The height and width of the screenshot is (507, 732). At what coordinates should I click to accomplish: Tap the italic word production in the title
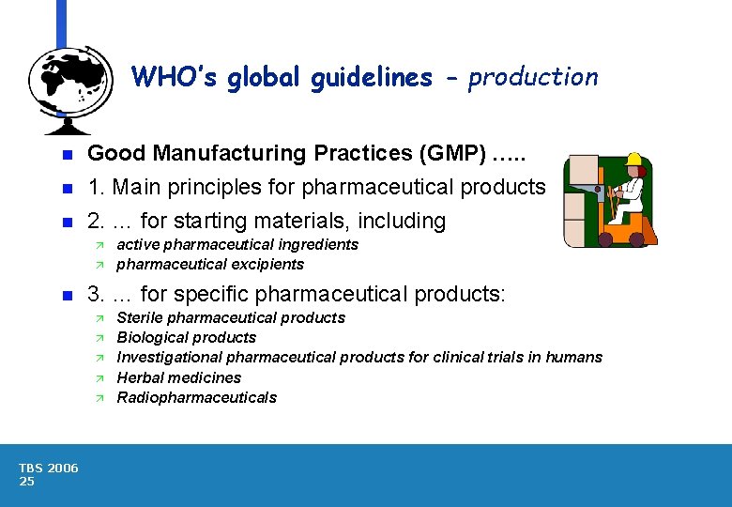click(532, 77)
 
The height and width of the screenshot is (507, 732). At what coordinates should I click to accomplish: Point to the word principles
click(218, 188)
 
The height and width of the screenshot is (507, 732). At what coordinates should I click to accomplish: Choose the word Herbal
click(139, 377)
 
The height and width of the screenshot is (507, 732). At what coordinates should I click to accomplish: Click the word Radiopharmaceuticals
click(196, 397)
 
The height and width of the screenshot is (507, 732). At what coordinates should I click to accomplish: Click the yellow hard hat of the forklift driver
click(633, 159)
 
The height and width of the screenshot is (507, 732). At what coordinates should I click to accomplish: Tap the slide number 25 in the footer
click(26, 482)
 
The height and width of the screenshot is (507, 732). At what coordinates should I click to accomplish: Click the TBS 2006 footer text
click(49, 468)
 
